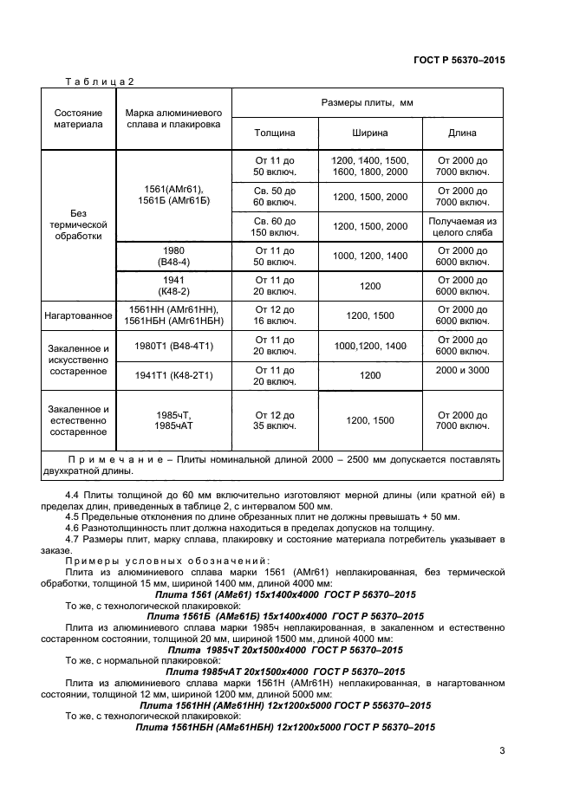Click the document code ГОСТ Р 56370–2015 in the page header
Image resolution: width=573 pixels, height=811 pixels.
point(459,60)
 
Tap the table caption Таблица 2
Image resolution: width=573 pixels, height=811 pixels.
point(100,81)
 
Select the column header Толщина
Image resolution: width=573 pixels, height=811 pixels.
point(275,133)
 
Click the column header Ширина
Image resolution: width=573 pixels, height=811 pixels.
point(370,133)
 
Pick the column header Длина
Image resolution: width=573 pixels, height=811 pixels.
point(462,133)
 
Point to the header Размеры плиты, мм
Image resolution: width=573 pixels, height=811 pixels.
point(368,102)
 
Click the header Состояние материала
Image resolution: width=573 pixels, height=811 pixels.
point(78,119)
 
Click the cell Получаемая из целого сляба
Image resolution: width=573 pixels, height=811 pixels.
point(463,226)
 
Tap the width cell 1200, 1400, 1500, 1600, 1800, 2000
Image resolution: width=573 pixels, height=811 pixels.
point(370,166)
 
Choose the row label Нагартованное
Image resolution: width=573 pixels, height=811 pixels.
point(78,315)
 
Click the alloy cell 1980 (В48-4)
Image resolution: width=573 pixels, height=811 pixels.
point(174,256)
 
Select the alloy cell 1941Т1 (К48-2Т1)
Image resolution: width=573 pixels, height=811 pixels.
point(174,376)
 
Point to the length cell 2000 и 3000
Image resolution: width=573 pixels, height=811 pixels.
point(463,370)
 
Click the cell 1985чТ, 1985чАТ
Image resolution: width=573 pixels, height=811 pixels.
point(174,420)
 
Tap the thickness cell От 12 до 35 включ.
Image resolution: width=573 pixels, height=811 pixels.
point(275,420)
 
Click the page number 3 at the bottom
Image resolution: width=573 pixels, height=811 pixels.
point(502,750)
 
